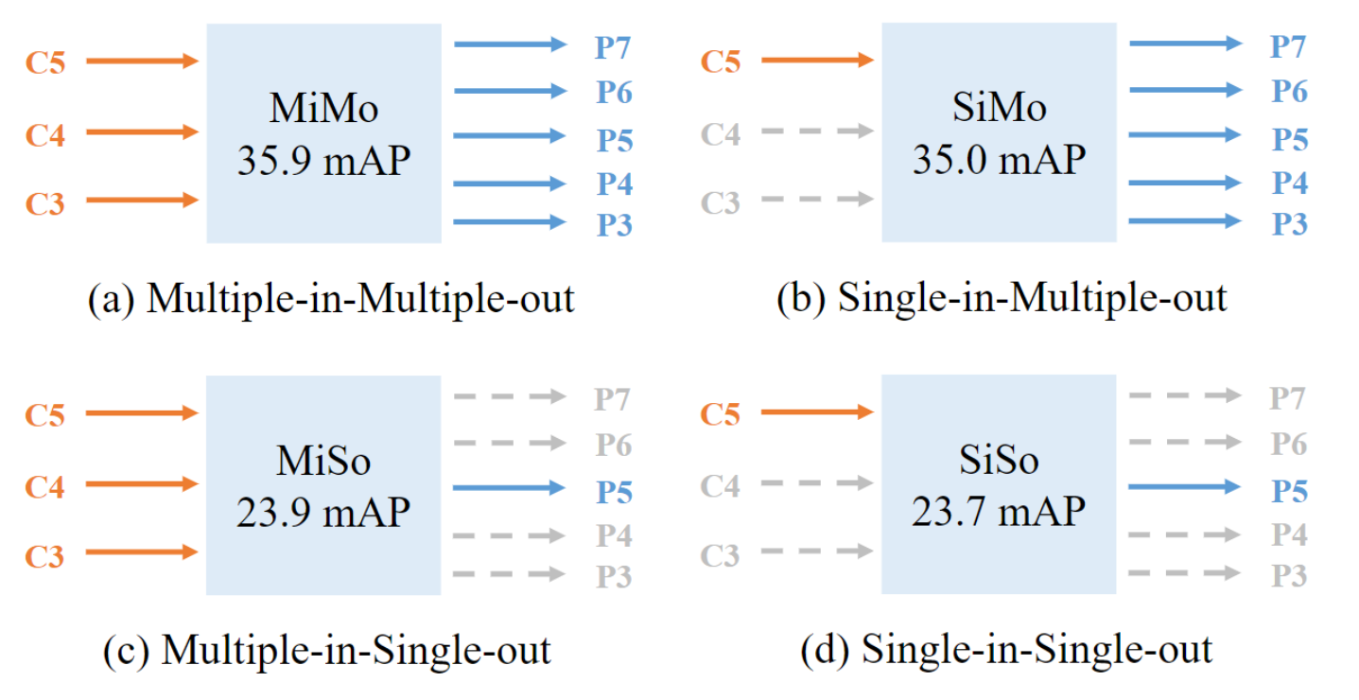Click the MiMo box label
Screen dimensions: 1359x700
pyautogui.click(x=323, y=109)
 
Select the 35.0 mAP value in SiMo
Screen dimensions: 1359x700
pyautogui.click(x=999, y=160)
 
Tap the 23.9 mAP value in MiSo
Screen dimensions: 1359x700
pyautogui.click(x=323, y=512)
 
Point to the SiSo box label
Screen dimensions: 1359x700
pyautogui.click(x=999, y=460)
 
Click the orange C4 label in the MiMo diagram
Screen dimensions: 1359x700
pyautogui.click(x=45, y=134)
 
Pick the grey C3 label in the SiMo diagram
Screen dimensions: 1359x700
pyautogui.click(x=720, y=202)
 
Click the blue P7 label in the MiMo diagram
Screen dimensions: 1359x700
pyautogui.click(x=614, y=46)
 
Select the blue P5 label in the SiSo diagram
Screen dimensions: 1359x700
pyautogui.click(x=1289, y=491)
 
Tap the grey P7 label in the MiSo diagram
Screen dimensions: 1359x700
pyautogui.click(x=614, y=399)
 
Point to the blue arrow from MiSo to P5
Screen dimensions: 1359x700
pyautogui.click(x=509, y=488)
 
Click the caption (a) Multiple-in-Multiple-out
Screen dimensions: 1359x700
pyautogui.click(x=331, y=298)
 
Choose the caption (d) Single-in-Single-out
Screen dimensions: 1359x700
pyautogui.click(x=1006, y=650)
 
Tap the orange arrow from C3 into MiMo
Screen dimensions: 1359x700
pyautogui.click(x=142, y=200)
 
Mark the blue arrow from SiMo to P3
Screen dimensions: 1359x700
pyautogui.click(x=1184, y=220)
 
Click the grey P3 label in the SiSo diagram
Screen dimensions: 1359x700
pyautogui.click(x=1289, y=575)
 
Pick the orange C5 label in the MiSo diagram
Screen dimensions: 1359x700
pyautogui.click(x=45, y=415)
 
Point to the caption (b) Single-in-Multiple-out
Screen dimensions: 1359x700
pyautogui.click(x=1002, y=298)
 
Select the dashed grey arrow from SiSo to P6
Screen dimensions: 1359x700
pyautogui.click(x=1184, y=441)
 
